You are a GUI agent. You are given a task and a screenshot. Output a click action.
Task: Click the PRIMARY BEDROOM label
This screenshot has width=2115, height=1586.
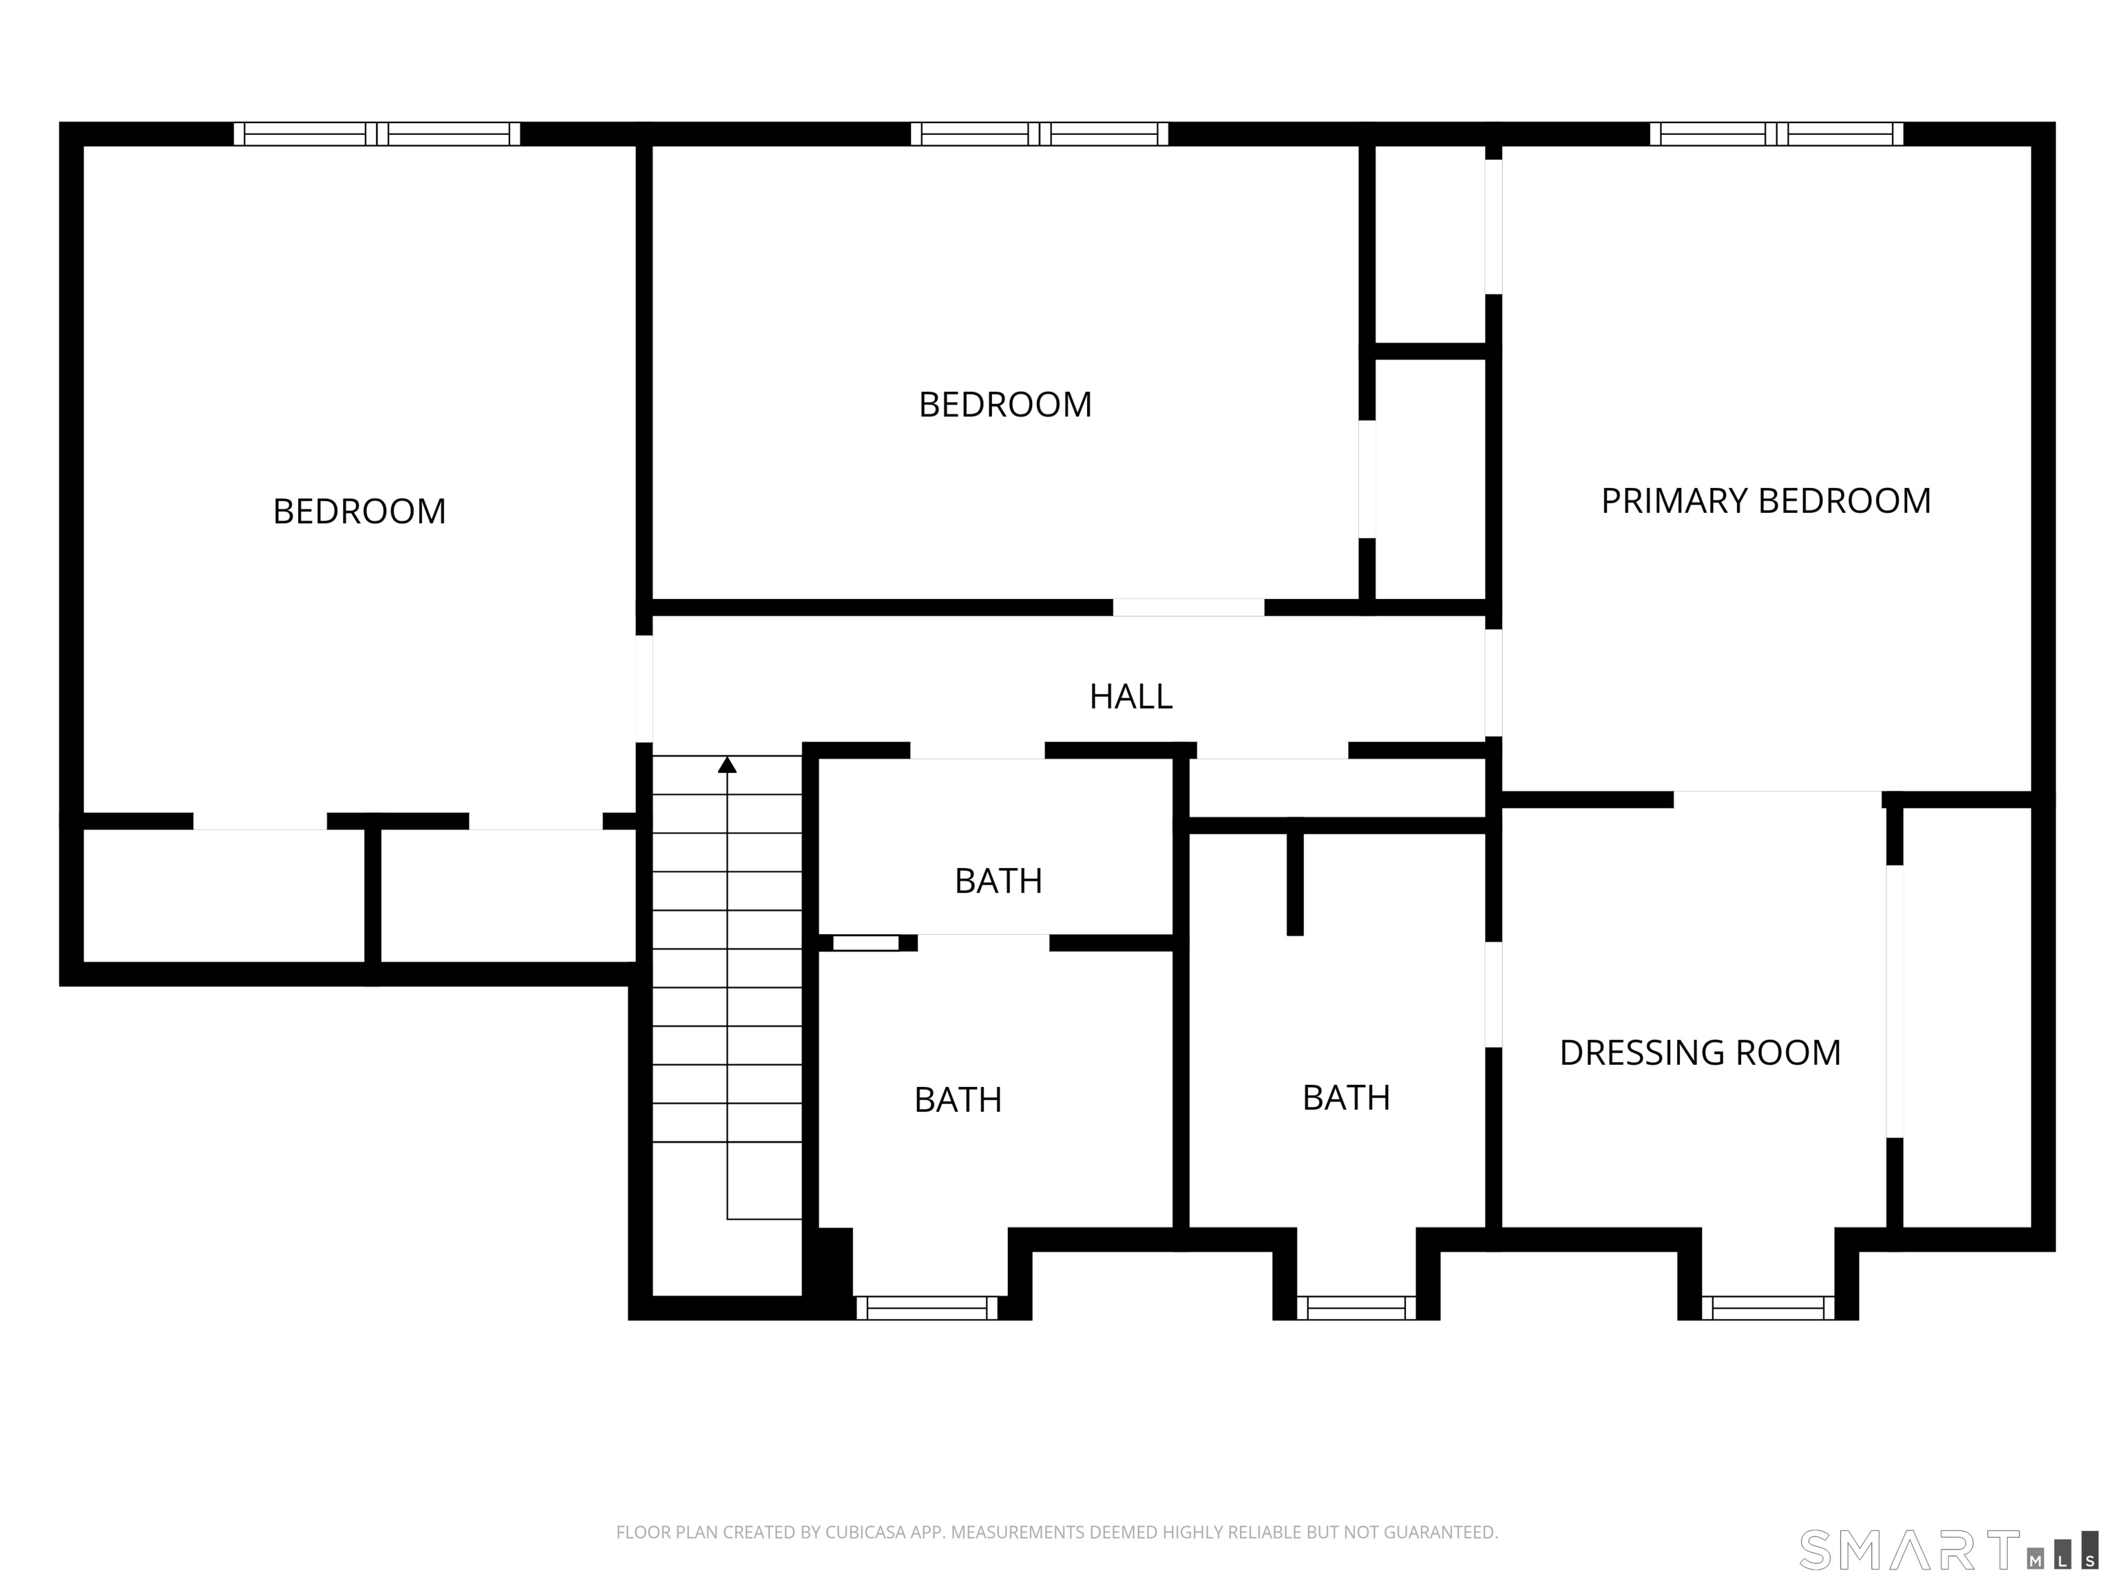[1766, 501]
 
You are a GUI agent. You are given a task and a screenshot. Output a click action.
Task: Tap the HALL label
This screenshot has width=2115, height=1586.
[1131, 697]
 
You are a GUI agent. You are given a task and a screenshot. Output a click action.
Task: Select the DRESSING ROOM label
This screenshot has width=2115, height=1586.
[1700, 1053]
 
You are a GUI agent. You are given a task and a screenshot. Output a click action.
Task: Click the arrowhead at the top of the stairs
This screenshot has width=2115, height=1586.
[728, 765]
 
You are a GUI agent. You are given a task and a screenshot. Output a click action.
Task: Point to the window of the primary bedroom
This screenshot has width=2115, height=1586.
[1776, 134]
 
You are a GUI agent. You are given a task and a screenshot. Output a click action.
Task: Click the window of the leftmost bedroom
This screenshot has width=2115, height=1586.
[377, 134]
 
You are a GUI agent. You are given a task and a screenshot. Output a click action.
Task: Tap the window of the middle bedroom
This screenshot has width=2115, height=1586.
[1040, 134]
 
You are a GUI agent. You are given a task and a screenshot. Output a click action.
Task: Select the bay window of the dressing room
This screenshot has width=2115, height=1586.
[1768, 1308]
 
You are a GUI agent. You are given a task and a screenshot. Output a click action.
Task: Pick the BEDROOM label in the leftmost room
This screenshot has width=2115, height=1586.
[359, 511]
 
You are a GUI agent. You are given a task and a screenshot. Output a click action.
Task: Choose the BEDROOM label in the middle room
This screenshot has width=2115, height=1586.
[1005, 404]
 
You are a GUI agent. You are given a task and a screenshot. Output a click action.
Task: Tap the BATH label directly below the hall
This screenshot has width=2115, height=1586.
[998, 880]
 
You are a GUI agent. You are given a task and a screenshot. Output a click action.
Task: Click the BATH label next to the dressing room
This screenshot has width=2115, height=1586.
[1346, 1097]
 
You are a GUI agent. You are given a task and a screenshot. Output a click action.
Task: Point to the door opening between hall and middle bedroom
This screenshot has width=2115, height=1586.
[1188, 607]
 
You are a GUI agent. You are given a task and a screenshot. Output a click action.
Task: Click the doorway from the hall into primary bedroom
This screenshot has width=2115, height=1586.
[1493, 684]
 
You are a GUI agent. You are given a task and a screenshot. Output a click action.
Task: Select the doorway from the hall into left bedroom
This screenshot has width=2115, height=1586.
[644, 689]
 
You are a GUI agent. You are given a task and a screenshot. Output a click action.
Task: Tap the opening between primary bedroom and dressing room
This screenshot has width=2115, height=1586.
[1778, 799]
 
